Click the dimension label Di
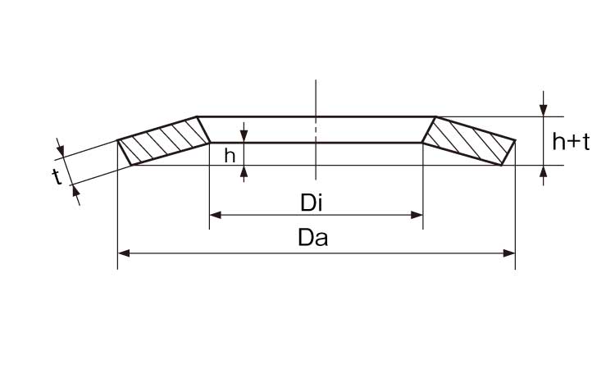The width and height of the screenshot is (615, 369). (x=312, y=203)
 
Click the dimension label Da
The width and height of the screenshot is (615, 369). (x=312, y=238)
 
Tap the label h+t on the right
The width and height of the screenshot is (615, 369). (x=571, y=141)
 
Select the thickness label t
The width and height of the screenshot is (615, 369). (x=57, y=177)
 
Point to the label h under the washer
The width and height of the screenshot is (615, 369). (x=230, y=156)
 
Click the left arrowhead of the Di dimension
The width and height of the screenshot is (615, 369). (x=216, y=215)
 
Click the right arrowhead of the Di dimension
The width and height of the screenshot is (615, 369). (x=417, y=215)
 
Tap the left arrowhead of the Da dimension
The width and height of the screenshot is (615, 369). (x=124, y=253)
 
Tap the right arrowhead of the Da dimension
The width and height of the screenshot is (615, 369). (x=509, y=253)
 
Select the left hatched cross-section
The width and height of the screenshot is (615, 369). (x=164, y=141)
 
